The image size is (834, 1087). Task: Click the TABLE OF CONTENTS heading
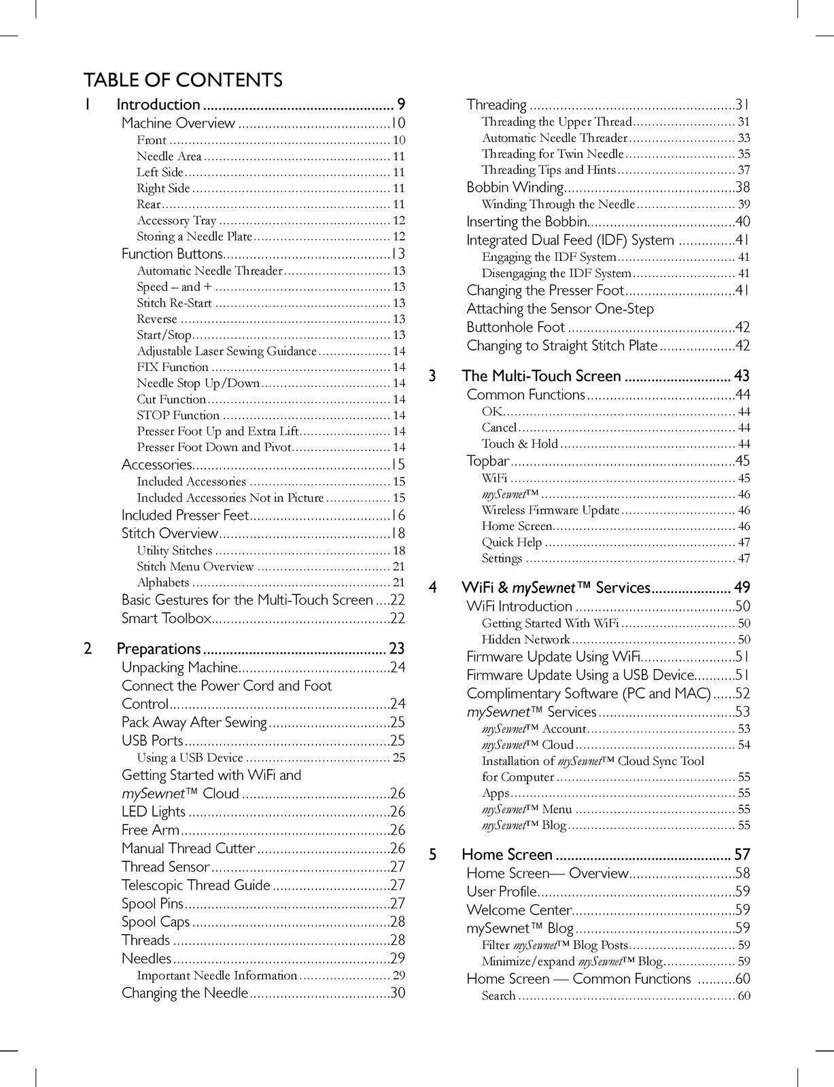click(x=183, y=80)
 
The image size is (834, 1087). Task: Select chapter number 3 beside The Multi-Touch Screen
click(x=432, y=376)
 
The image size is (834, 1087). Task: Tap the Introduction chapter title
click(x=158, y=105)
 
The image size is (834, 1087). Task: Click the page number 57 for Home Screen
click(x=742, y=855)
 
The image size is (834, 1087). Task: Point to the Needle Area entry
click(x=169, y=156)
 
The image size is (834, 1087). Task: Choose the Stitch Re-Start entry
click(x=174, y=303)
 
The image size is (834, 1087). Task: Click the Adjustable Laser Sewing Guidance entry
click(x=226, y=351)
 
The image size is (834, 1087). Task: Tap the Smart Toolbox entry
click(x=167, y=618)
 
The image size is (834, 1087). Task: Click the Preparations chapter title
click(x=159, y=649)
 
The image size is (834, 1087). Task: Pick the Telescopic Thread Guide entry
click(x=196, y=885)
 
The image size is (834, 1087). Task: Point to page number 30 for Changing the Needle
click(x=398, y=993)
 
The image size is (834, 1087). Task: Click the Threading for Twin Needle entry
click(x=552, y=154)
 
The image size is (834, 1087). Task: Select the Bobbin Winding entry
click(x=515, y=188)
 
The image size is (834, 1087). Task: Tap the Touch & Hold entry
click(x=519, y=444)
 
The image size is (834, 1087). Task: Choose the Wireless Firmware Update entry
click(x=551, y=510)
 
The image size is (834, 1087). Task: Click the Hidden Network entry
click(x=525, y=639)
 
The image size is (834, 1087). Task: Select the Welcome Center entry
click(x=519, y=910)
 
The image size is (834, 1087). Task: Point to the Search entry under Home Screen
click(x=499, y=996)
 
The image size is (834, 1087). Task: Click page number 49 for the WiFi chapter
click(x=742, y=588)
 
